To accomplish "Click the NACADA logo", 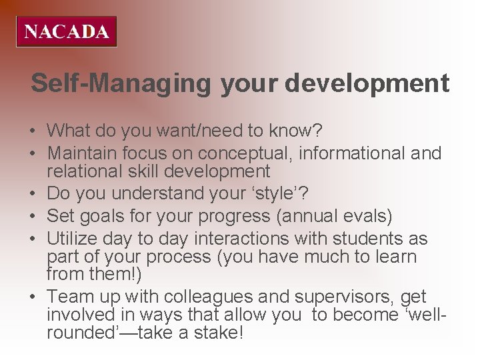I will point(67,31).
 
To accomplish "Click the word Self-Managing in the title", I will point(121,83).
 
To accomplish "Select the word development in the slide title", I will point(367,83).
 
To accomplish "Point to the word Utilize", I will point(73,239).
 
